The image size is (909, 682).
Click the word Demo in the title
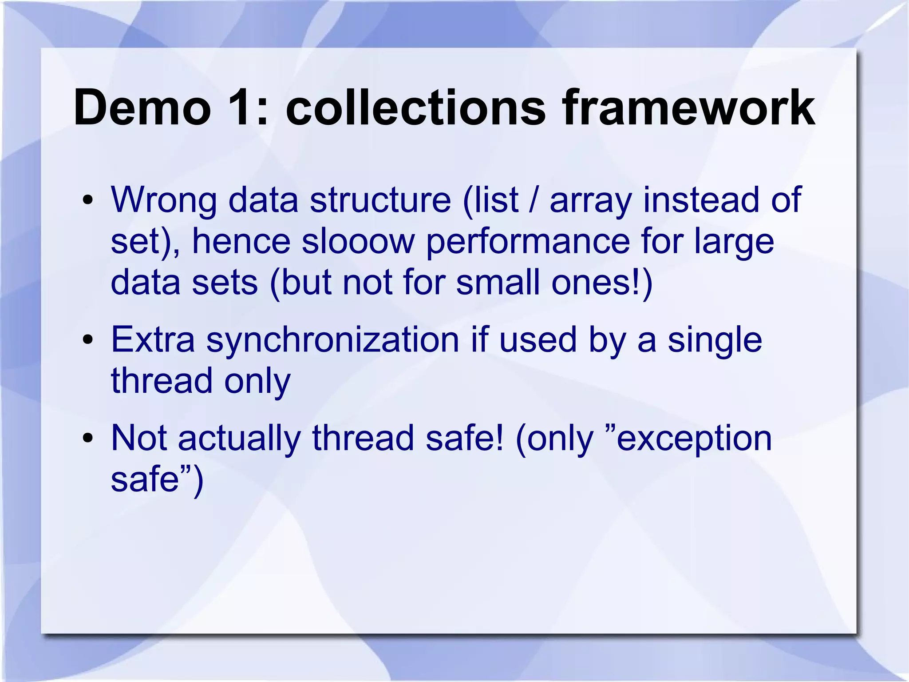(142, 108)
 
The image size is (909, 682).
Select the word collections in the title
(415, 108)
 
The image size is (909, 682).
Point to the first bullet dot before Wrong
(88, 200)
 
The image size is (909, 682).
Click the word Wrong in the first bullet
(164, 199)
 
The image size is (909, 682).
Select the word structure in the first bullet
(380, 199)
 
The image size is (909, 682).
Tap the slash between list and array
(534, 199)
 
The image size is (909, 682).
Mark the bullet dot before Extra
(88, 340)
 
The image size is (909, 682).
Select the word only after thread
(257, 381)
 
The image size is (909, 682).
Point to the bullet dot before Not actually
(88, 439)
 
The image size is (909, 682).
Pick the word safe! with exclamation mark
(465, 438)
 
